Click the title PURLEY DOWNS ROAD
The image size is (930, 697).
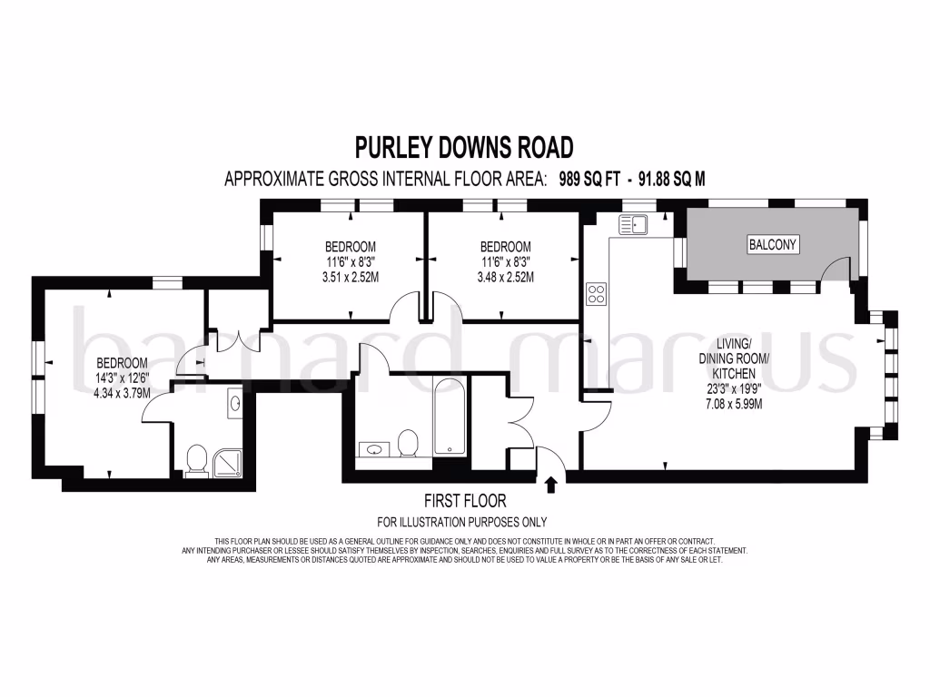click(463, 147)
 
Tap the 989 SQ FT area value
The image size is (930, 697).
click(591, 179)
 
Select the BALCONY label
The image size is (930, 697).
click(772, 244)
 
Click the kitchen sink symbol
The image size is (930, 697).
click(632, 224)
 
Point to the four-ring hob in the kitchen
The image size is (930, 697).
click(598, 293)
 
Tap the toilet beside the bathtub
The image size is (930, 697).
click(408, 443)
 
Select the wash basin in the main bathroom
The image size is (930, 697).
click(373, 447)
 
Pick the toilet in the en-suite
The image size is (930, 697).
click(194, 462)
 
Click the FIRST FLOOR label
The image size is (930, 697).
click(465, 500)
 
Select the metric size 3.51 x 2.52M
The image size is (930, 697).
click(350, 277)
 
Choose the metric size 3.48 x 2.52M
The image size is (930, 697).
click(504, 277)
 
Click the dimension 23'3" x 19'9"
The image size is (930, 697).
click(733, 388)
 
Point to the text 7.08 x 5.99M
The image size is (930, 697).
click(733, 404)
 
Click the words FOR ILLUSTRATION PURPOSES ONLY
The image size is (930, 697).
click(462, 522)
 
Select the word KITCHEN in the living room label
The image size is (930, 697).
click(733, 373)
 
